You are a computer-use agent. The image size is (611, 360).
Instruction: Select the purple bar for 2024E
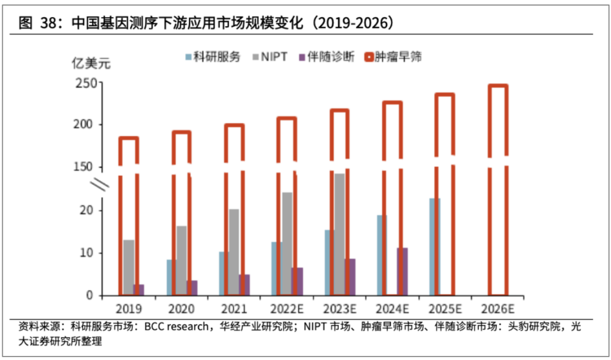pyautogui.click(x=402, y=271)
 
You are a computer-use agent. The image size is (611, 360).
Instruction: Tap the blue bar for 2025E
pyautogui.click(x=435, y=246)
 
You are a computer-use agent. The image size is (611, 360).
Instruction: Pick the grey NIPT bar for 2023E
pyautogui.click(x=339, y=233)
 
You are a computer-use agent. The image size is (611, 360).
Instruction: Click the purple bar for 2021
pyautogui.click(x=244, y=284)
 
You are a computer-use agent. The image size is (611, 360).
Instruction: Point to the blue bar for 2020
pyautogui.click(x=170, y=277)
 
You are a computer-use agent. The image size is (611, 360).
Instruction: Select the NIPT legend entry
pyautogui.click(x=274, y=57)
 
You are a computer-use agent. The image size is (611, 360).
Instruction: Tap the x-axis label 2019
pyautogui.click(x=128, y=309)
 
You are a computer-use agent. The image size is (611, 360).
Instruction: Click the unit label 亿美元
pyautogui.click(x=91, y=63)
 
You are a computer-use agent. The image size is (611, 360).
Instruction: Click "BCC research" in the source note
pyautogui.click(x=176, y=327)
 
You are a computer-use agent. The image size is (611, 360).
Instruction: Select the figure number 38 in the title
pyautogui.click(x=50, y=23)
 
